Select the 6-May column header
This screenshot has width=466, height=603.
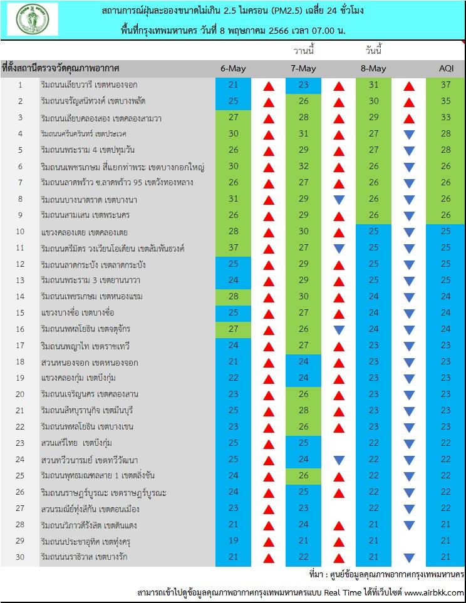tap(233, 68)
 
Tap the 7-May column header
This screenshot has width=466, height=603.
tap(304, 68)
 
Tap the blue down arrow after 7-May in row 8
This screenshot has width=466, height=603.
tap(339, 199)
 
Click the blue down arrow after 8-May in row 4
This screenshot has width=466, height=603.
tap(410, 134)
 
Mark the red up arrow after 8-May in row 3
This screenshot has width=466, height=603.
tap(410, 118)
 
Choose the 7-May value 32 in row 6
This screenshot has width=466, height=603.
tap(304, 167)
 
